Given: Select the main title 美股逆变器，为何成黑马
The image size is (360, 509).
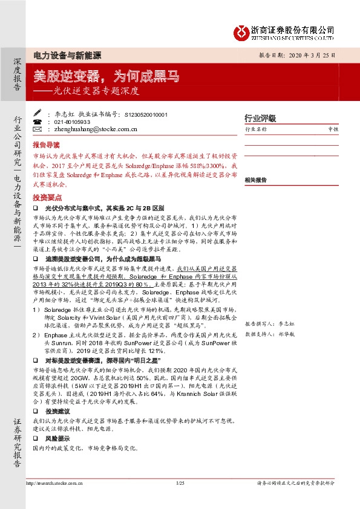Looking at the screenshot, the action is (x=106, y=76).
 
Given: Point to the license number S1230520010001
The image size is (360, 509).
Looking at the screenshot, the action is (x=133, y=114).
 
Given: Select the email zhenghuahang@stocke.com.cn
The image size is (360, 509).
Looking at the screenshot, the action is (x=88, y=129).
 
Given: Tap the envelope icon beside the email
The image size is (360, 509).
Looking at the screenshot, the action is (x=37, y=129).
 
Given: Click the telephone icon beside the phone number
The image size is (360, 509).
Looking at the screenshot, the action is (x=37, y=121).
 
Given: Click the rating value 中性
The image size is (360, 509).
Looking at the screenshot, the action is (x=333, y=129).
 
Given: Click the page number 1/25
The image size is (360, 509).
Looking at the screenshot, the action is (x=179, y=483).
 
